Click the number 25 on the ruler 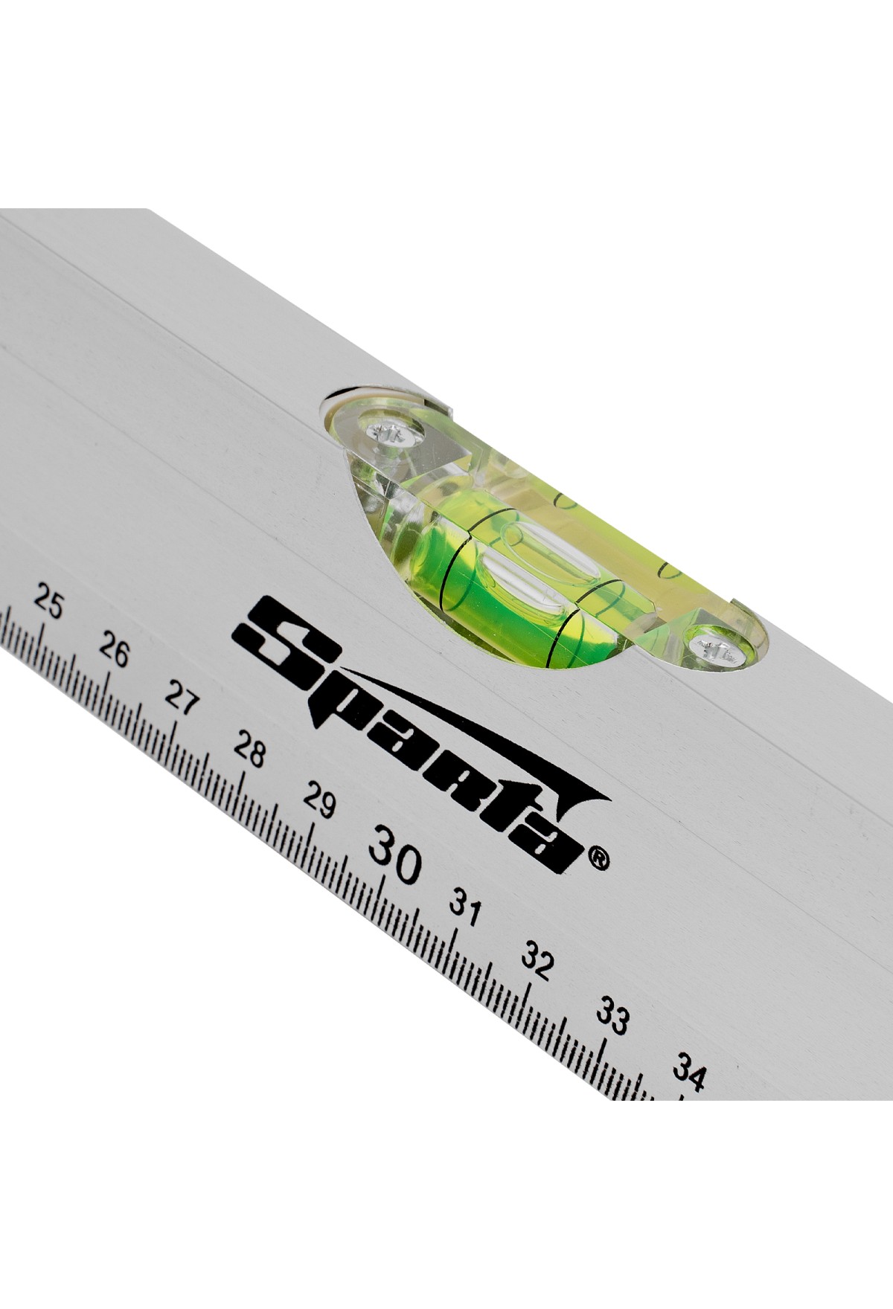tap(48, 603)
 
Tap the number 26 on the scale tap(114, 652)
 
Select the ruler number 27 tap(180, 698)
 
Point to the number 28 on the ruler tap(249, 750)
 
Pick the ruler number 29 tap(319, 801)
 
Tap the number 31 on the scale tap(465, 908)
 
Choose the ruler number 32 tap(537, 962)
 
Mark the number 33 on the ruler tap(612, 1017)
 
